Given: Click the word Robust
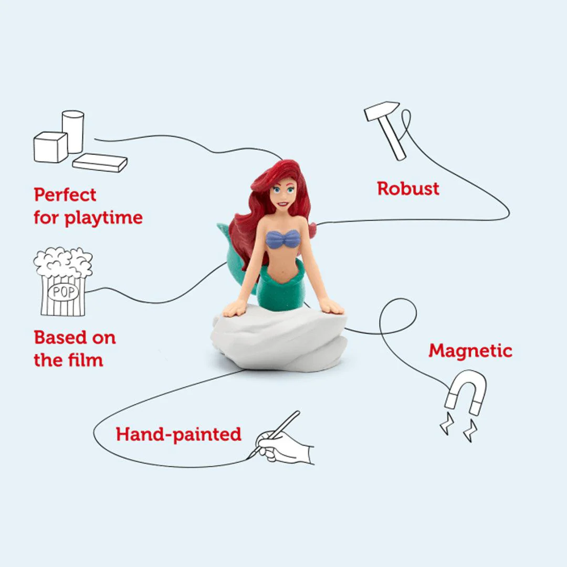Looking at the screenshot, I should pos(408,188).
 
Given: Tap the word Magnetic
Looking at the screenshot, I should pos(470,350).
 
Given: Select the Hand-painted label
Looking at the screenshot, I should pos(178,434).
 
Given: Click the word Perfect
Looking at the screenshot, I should pos(65,195).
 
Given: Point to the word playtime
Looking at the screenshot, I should pos(103,218).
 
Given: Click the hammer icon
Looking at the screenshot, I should pos(387,129).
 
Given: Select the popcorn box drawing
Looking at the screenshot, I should pos(63,283).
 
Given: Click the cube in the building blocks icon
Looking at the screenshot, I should pos(50,147).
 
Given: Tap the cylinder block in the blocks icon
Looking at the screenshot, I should pos(73,131).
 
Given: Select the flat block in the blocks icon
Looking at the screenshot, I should pos(100,163).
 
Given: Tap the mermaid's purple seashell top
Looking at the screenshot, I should pos(283,239).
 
